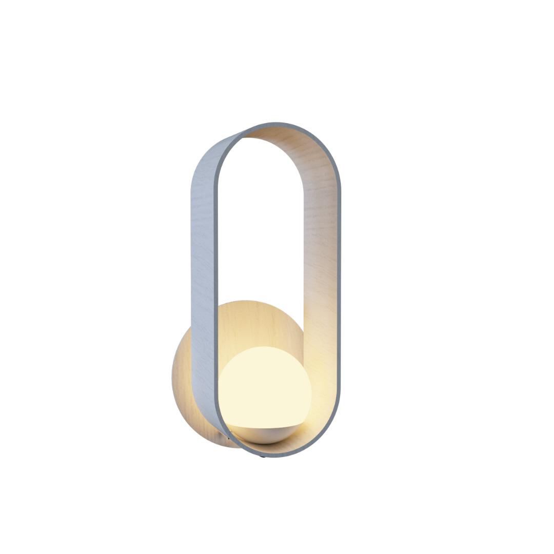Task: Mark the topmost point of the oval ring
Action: point(277,124)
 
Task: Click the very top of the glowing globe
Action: point(265,347)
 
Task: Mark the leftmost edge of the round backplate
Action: point(172,380)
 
